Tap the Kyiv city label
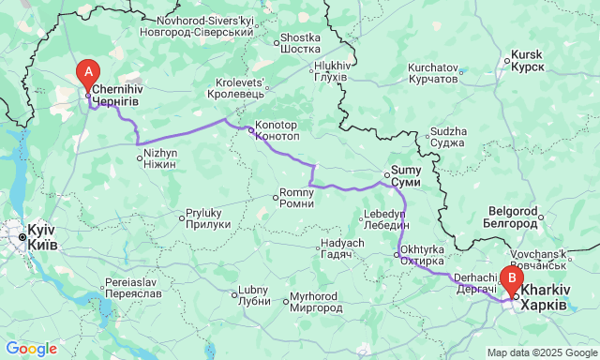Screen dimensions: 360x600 (x=42, y=236)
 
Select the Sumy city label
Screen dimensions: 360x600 (x=405, y=176)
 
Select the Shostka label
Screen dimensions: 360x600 (x=300, y=43)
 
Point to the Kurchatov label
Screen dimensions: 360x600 (x=432, y=73)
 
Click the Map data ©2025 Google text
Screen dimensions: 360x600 (x=541, y=352)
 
